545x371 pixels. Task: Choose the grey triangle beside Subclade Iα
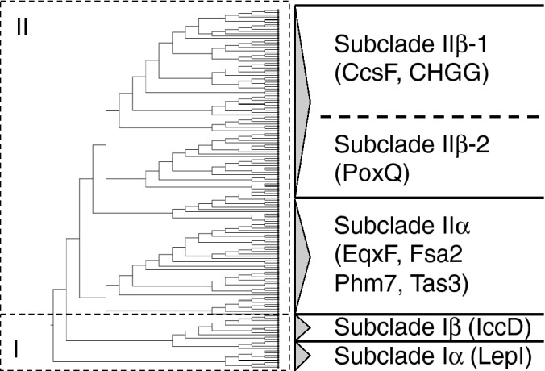tap(303, 355)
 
